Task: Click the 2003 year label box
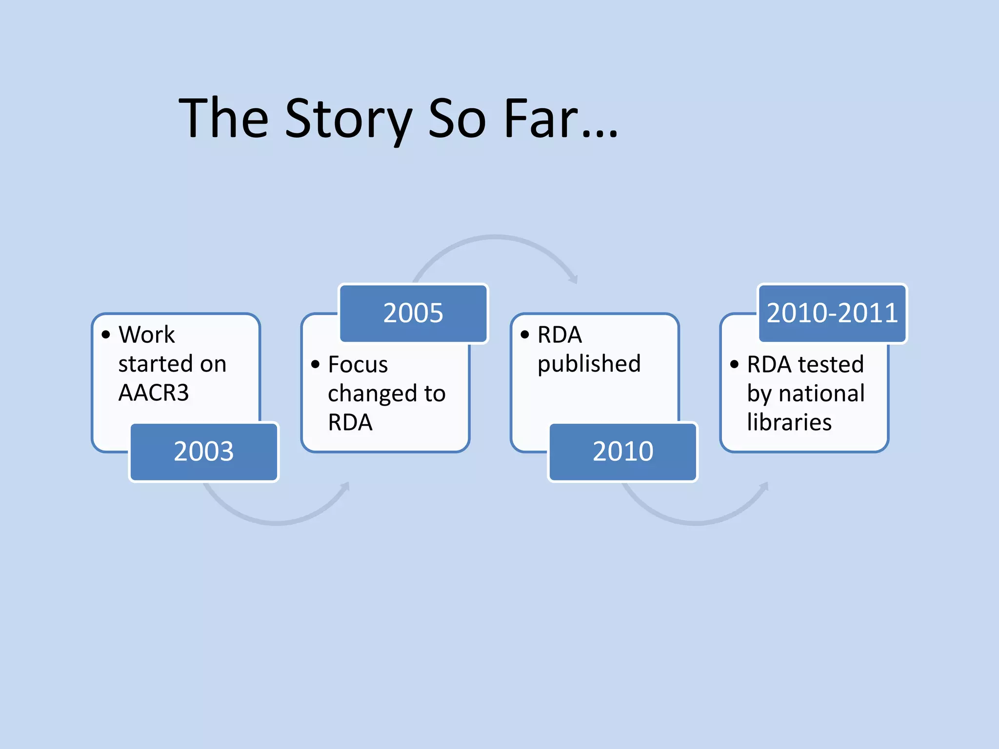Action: click(204, 452)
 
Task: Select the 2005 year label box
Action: click(413, 313)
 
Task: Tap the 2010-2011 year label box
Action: click(832, 313)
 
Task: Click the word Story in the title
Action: click(348, 119)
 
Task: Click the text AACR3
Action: click(154, 393)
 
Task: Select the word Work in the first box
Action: click(146, 335)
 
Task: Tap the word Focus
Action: click(358, 364)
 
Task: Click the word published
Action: click(589, 364)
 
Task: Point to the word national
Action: click(822, 393)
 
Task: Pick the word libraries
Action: click(789, 422)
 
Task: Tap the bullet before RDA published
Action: click(525, 335)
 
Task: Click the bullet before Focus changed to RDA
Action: click(316, 364)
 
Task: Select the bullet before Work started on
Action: click(106, 335)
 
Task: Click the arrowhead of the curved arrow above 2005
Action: click(574, 279)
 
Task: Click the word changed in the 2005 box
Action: click(372, 394)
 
